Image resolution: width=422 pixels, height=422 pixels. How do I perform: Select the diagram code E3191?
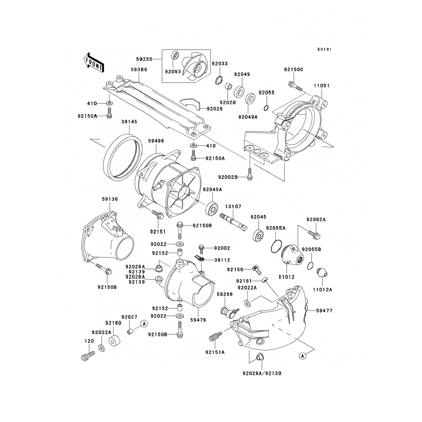324,49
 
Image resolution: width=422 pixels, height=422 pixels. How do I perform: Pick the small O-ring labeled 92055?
266,107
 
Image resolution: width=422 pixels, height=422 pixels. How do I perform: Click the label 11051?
322,86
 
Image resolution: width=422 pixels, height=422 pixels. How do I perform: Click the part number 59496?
157,141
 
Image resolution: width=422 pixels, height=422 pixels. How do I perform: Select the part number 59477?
324,311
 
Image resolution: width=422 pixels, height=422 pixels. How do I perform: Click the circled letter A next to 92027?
144,324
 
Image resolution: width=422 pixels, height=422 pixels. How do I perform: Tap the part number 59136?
110,199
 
